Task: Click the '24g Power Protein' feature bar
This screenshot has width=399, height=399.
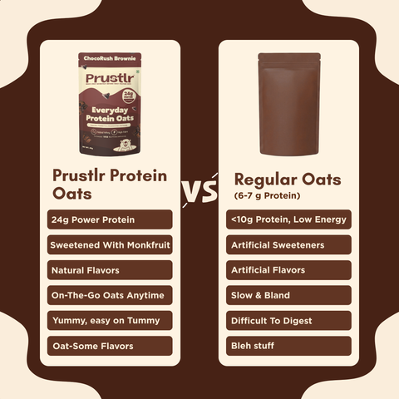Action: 111,219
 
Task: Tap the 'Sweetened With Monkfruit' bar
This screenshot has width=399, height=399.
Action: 111,244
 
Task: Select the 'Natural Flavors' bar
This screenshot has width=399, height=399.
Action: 111,269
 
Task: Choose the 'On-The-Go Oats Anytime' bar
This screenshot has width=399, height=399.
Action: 111,295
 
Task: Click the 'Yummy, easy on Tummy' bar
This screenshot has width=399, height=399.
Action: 111,320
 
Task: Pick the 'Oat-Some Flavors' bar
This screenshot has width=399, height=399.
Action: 111,346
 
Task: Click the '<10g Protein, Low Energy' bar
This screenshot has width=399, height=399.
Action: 288,219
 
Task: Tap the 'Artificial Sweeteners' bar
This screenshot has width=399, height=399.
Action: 288,244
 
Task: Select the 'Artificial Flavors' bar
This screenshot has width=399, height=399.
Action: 288,269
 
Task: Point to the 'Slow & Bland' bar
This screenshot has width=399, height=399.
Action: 288,295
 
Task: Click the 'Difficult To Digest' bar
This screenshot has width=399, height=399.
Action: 288,320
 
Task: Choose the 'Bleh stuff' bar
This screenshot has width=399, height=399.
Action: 288,346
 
